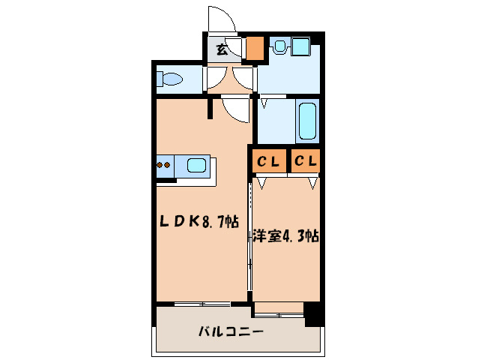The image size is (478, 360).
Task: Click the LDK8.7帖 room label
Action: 198,222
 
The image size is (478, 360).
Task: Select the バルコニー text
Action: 230,331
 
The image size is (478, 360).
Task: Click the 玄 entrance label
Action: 222,50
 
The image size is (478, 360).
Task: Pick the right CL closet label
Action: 305,160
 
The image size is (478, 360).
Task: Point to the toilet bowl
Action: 172,79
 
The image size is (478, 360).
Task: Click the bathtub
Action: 307,121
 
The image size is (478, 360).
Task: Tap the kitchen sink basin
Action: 197,166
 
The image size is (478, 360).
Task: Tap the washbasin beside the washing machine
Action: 279,47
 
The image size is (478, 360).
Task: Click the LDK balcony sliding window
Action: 202,303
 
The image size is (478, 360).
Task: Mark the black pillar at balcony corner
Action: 315,313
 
